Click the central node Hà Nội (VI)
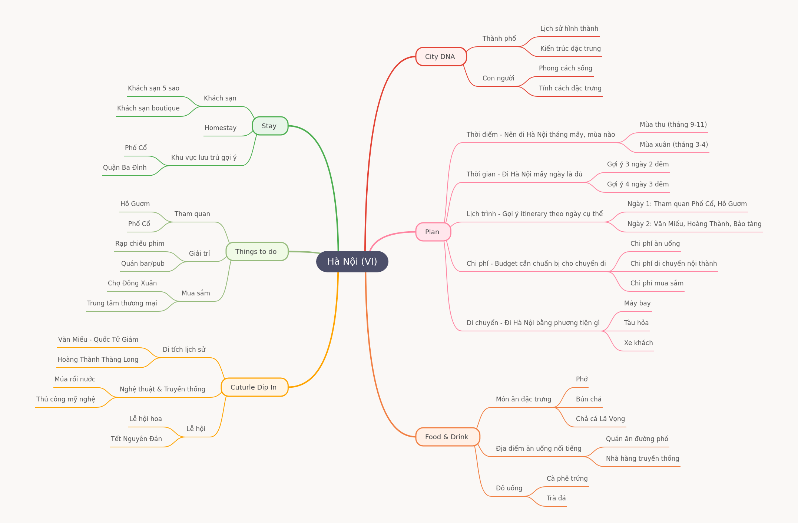pyautogui.click(x=352, y=262)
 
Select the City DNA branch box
pyautogui.click(x=441, y=57)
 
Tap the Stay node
pyautogui.click(x=270, y=126)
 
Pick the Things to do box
pyautogui.click(x=257, y=252)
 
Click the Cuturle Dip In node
pyautogui.click(x=254, y=387)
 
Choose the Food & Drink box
pyautogui.click(x=447, y=437)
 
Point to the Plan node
pyautogui.click(x=433, y=232)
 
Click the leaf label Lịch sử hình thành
pyautogui.click(x=569, y=29)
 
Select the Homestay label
pyautogui.click(x=220, y=128)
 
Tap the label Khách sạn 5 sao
pyautogui.click(x=153, y=88)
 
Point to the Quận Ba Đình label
pyautogui.click(x=125, y=168)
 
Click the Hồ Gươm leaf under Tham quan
pyautogui.click(x=135, y=204)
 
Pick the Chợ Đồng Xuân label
pyautogui.click(x=132, y=283)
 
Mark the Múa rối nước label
pyautogui.click(x=74, y=379)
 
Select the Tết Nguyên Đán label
pyautogui.click(x=136, y=439)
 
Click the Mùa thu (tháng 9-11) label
pyautogui.click(x=673, y=125)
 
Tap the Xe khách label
pyautogui.click(x=638, y=343)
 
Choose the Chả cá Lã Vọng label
pyautogui.click(x=600, y=419)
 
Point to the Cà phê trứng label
pyautogui.click(x=567, y=479)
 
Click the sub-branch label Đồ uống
pyautogui.click(x=509, y=488)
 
